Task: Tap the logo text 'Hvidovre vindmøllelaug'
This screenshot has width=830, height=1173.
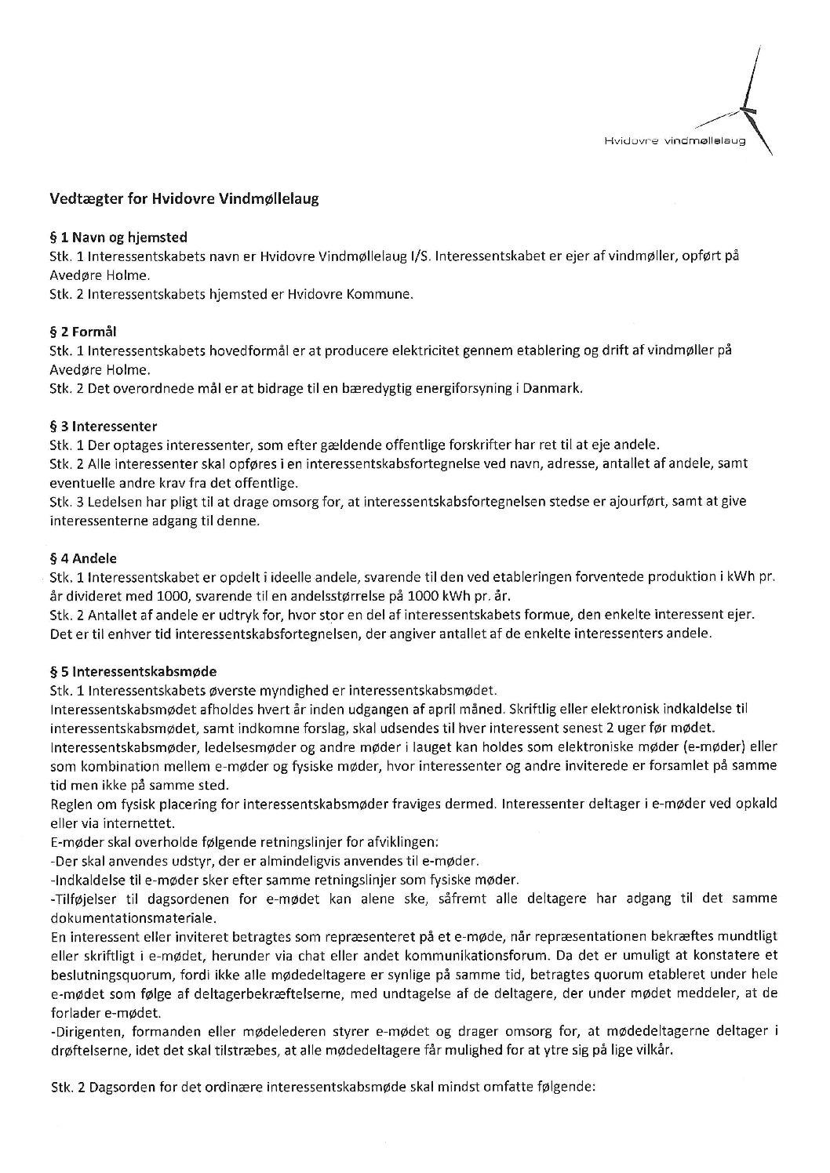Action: point(674,143)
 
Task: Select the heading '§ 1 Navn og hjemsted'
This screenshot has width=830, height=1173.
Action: point(118,237)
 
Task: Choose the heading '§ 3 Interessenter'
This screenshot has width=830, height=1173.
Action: point(103,427)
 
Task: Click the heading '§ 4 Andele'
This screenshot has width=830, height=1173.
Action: point(82,558)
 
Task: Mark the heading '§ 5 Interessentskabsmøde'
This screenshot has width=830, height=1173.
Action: point(133,672)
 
